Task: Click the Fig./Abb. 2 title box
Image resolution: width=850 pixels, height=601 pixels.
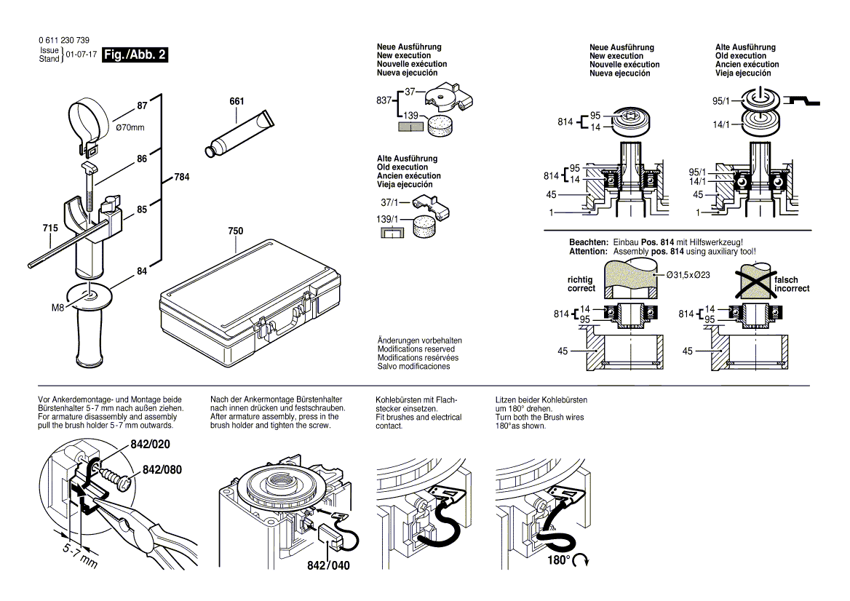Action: [x=135, y=55]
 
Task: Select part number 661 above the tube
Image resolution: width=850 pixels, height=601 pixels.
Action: [x=237, y=101]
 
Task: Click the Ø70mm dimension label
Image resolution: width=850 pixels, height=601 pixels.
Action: [x=131, y=128]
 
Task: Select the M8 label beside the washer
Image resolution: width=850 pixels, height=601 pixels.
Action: [x=59, y=308]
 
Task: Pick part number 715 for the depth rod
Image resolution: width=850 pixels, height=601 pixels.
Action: [x=49, y=228]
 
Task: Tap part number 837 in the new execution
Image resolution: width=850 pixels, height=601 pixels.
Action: [x=384, y=100]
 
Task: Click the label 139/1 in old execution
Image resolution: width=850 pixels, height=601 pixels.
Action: [x=388, y=219]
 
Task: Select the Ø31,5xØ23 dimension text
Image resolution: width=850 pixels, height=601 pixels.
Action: [x=689, y=275]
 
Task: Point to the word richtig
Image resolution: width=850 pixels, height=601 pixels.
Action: [x=581, y=280]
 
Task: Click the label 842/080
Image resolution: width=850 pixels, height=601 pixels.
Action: [x=162, y=470]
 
